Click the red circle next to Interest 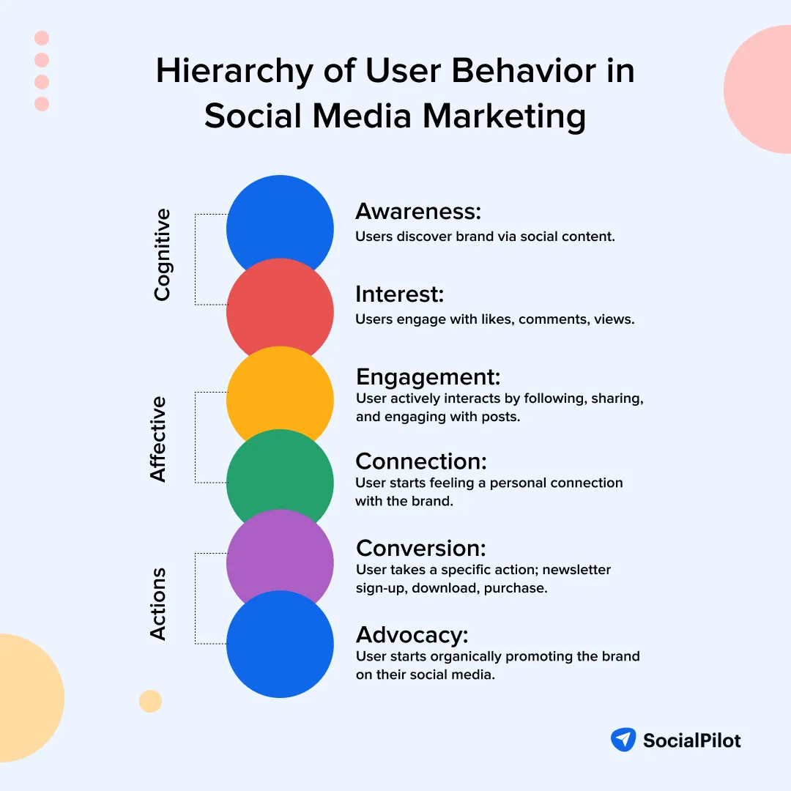tap(280, 312)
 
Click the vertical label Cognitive tap(162, 255)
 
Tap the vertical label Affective tap(159, 439)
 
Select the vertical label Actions tap(159, 604)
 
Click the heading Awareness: tap(418, 212)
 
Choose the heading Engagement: tap(428, 376)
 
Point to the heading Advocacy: tap(412, 634)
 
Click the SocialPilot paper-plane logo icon tap(623, 740)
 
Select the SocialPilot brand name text tap(691, 740)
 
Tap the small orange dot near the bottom tap(150, 701)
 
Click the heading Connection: tap(421, 461)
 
